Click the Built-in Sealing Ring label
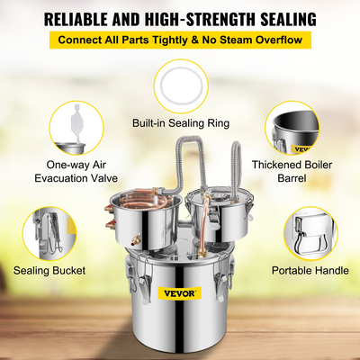(181, 122)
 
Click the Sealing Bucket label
(49, 270)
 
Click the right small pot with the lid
(221, 211)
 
